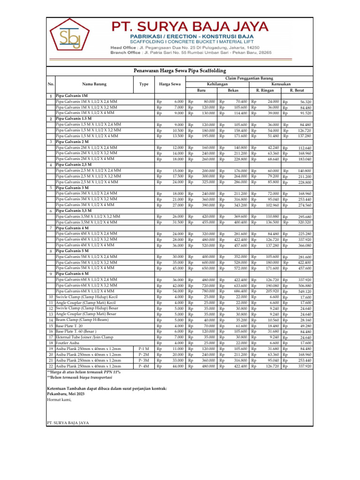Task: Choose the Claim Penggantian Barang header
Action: point(249,78)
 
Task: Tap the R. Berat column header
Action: point(297,90)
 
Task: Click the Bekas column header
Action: point(233,90)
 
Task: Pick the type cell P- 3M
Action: point(144,360)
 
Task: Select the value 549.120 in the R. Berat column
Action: point(305,292)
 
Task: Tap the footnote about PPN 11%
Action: point(84,372)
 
